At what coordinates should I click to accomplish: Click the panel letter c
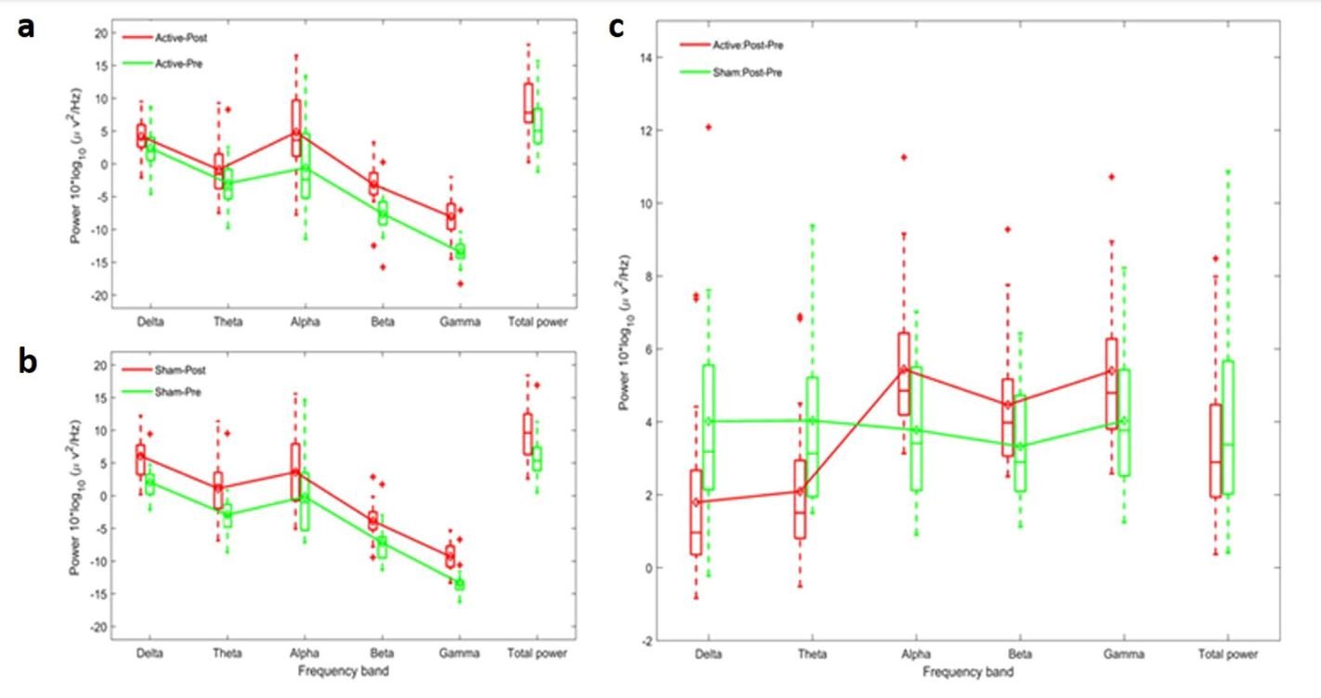click(x=616, y=27)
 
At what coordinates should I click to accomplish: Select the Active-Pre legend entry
click(x=176, y=64)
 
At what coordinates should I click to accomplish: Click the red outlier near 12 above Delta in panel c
click(x=708, y=126)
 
